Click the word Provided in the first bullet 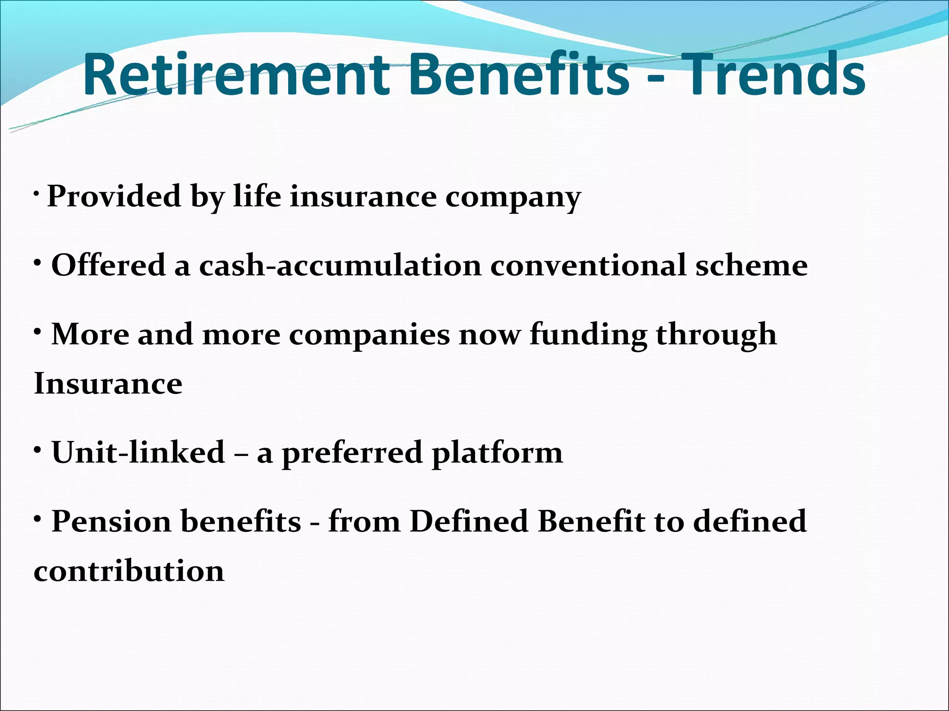pos(114,196)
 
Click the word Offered pos(108,265)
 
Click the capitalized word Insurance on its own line pos(108,384)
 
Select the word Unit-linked pos(138,452)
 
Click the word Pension pos(111,521)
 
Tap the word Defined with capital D pos(468,521)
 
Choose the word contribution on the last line pos(129,571)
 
